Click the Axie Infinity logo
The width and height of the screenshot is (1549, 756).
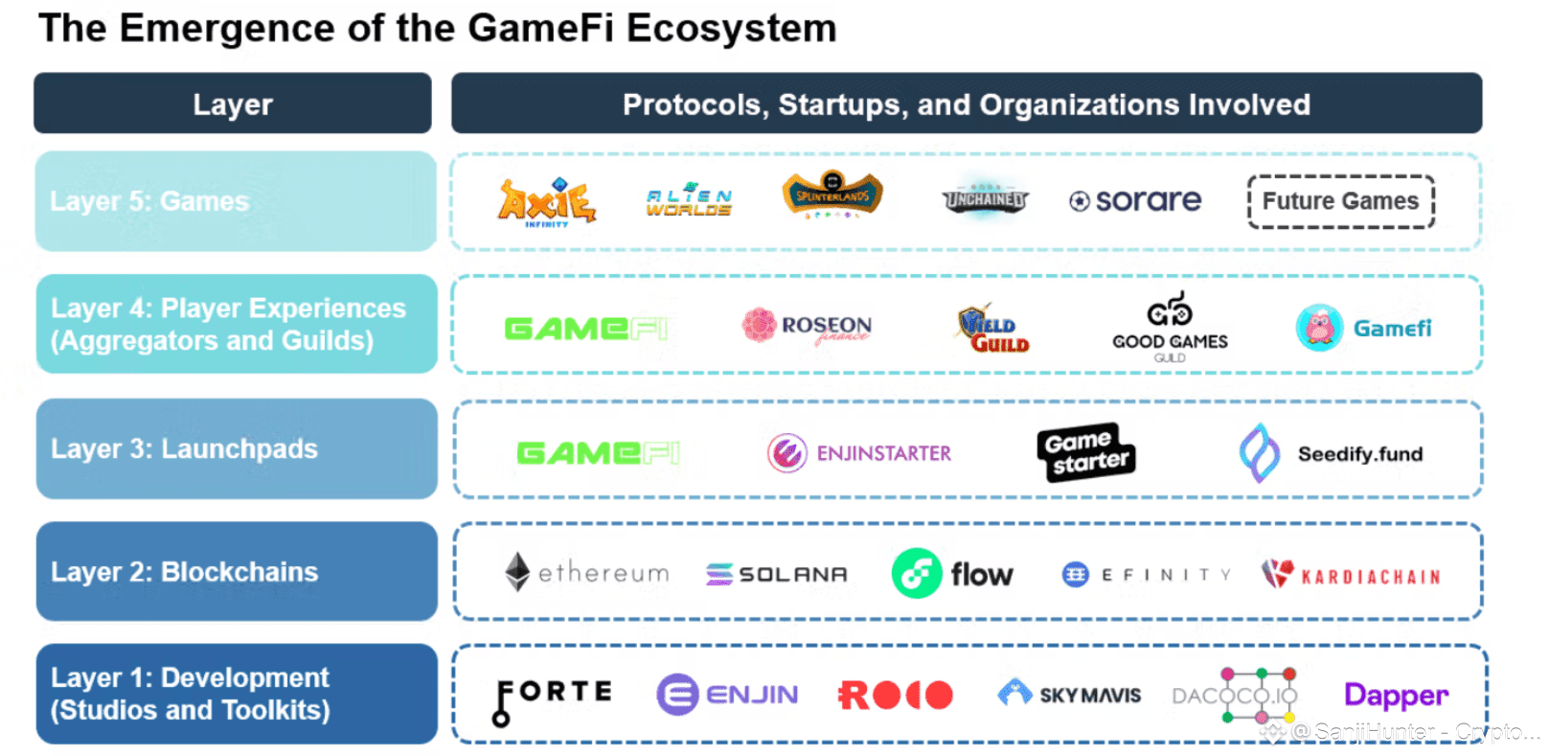(546, 201)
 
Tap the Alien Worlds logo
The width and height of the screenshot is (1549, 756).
(689, 201)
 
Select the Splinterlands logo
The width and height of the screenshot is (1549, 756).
(832, 195)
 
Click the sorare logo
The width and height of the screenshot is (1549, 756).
(1135, 201)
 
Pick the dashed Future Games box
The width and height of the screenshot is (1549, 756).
(1340, 201)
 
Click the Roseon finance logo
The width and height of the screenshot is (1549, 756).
(808, 326)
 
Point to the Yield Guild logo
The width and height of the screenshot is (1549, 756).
(993, 330)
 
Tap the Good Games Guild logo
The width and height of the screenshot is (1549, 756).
(1170, 328)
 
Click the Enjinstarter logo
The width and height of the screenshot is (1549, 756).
(859, 453)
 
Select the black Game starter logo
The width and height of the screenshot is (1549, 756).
(1085, 451)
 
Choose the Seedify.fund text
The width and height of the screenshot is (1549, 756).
(1359, 454)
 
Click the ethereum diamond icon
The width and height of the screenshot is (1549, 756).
(517, 572)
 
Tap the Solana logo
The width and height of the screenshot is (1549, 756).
(777, 574)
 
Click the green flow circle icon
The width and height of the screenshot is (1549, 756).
(917, 573)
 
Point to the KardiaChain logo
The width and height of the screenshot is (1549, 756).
(1352, 575)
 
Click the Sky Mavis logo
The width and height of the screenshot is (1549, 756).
(1069, 694)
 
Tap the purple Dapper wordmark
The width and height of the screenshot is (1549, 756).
(1396, 696)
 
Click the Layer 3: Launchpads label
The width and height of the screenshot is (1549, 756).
(184, 448)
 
